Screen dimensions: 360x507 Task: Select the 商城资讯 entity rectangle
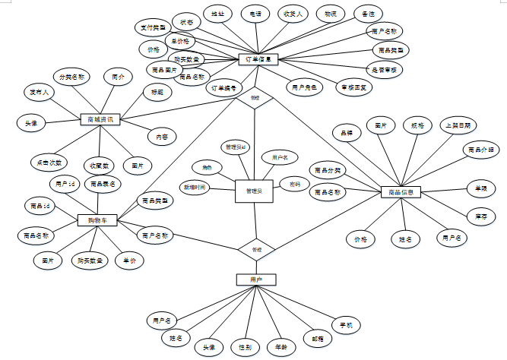tap(100, 119)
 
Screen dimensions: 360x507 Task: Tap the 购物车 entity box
tap(97, 220)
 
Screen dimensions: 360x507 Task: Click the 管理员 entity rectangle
tap(254, 192)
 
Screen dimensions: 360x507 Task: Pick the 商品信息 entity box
tap(401, 192)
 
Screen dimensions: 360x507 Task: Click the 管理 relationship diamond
tap(256, 249)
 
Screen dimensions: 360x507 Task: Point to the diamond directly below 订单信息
tap(255, 98)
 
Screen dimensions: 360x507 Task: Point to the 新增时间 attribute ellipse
tap(193, 186)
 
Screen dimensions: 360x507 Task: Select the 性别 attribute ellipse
tap(245, 347)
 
